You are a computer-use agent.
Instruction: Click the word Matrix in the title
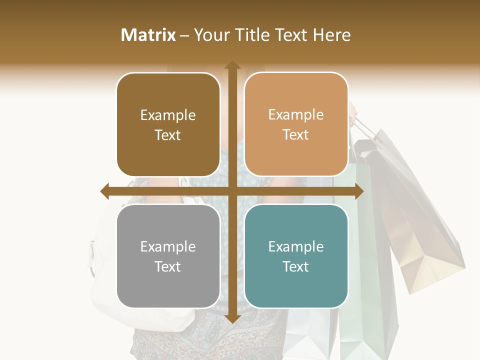tap(148, 35)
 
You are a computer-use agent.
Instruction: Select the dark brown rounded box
tap(168, 124)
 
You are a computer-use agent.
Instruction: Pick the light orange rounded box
tap(296, 124)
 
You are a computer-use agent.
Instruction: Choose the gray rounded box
tap(168, 256)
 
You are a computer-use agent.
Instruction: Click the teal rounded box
tap(296, 256)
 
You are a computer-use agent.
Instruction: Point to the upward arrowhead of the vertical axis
tap(232, 65)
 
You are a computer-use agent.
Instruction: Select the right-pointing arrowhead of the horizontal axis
tap(358, 191)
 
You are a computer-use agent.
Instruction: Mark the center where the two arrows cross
tap(232, 191)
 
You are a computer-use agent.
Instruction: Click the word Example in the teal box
tap(296, 246)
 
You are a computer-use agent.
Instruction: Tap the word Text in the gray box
tap(168, 266)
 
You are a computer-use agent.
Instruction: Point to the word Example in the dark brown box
tap(168, 115)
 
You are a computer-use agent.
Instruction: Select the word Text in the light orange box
tap(296, 134)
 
